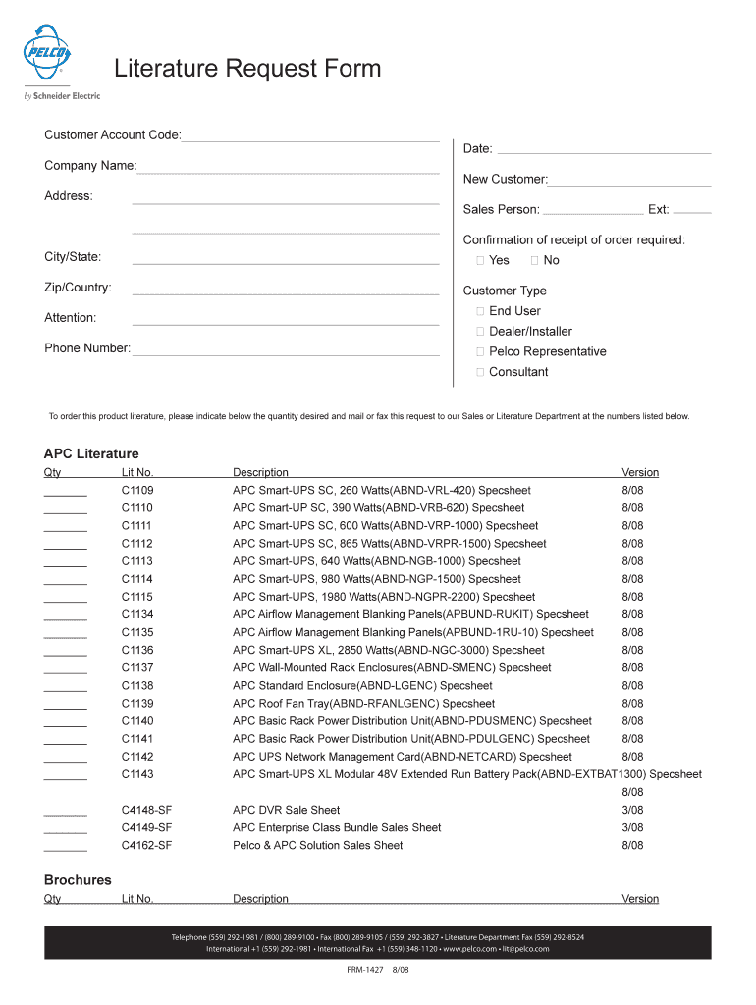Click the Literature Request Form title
246,70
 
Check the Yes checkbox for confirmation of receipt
481,260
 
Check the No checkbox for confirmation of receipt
534,260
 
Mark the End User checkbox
481,311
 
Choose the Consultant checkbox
481,372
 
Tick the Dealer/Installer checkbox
481,332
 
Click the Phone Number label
86,348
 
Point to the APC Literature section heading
91,453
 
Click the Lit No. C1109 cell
137,490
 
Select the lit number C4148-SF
147,810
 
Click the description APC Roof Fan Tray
363,704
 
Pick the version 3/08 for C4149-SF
632,827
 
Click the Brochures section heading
78,879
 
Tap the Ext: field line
693,211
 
